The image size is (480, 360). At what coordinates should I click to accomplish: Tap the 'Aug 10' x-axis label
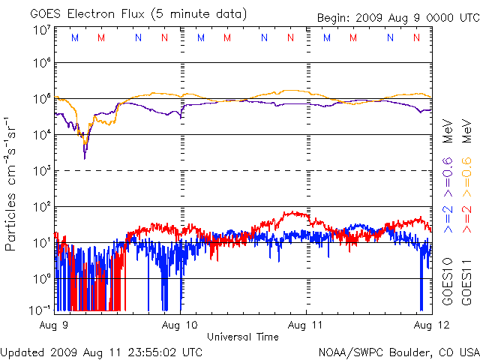coord(181,325)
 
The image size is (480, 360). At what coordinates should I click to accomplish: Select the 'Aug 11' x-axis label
coord(306,325)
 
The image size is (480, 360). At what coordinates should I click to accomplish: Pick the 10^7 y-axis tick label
coord(41,29)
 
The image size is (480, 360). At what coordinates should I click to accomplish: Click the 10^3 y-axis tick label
coord(41,171)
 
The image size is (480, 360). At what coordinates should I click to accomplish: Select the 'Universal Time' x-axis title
coord(243,337)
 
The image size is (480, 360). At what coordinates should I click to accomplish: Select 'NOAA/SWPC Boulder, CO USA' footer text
coord(398,351)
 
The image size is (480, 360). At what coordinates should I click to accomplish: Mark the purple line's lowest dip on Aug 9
coord(85,157)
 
